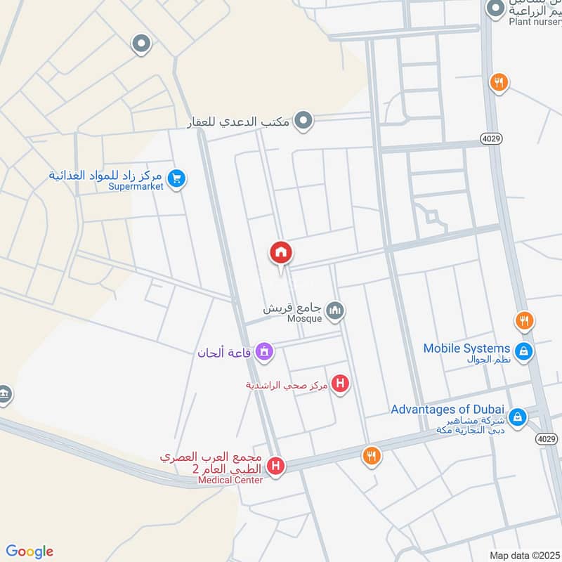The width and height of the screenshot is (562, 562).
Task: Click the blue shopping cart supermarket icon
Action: point(176,179)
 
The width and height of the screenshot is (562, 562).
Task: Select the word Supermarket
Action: point(136,186)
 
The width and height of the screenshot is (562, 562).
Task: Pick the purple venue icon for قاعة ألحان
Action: point(264,351)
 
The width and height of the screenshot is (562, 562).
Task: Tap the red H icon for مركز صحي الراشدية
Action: point(341,384)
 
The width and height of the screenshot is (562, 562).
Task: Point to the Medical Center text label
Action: point(230,480)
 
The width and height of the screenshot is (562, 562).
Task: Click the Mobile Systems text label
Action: point(466,348)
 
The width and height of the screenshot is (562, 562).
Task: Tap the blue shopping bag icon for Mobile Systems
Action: point(523,350)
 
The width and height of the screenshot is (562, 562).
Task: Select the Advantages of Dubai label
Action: point(447,410)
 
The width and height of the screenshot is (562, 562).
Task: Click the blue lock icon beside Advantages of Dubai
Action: point(517,417)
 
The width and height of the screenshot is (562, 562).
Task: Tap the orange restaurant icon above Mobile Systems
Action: point(523,322)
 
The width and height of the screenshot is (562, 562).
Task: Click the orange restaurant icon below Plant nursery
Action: point(499,82)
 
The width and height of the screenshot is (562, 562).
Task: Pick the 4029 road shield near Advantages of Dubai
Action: point(547,438)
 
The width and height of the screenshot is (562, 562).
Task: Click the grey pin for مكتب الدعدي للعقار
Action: point(303,121)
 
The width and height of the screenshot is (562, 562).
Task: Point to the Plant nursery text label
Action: point(535,22)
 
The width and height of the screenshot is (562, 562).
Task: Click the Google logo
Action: point(30,551)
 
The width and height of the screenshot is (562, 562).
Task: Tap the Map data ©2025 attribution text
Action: point(523,555)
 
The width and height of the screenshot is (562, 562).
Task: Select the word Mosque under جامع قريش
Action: point(304,318)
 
